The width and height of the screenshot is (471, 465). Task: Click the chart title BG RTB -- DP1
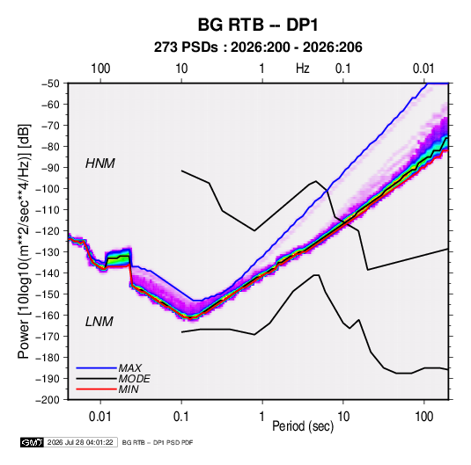coord(258,25)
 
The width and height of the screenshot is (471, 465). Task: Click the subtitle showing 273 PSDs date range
coord(258,47)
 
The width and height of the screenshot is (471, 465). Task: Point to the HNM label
coord(100,163)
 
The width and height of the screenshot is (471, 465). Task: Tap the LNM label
coord(99,322)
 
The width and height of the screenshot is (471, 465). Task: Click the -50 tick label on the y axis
coord(50,84)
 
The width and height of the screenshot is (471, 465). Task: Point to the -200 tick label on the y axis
coord(48,400)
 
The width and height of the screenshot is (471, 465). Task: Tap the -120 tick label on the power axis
coord(48,230)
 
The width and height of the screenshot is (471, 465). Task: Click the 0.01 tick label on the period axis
coord(100,417)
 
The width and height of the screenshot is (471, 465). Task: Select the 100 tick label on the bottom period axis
coord(423,417)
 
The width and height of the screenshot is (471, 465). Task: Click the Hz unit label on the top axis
coord(303,69)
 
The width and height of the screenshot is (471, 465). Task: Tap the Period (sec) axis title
coord(303,426)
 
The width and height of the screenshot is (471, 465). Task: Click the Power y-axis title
coord(24,242)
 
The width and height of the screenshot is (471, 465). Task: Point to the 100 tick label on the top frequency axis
coord(100,69)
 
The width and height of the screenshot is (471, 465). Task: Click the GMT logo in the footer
coord(32,442)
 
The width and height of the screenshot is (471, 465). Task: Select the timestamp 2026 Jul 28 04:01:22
coord(80,442)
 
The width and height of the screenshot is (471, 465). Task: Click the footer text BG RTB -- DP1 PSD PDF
coord(158,442)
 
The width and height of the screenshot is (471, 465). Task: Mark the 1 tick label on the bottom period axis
coord(262,417)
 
